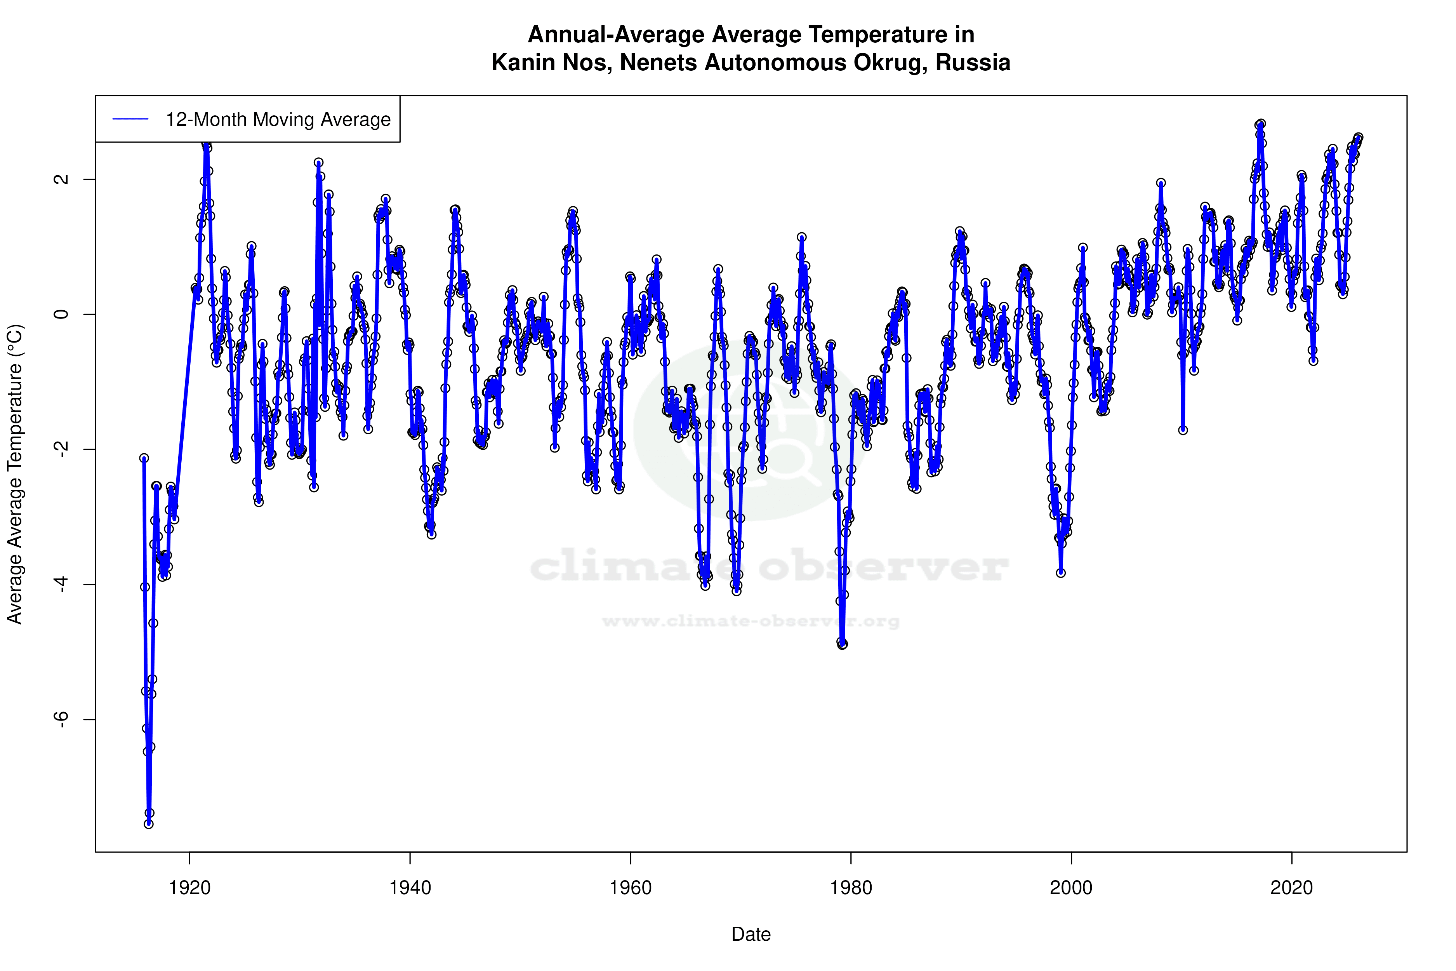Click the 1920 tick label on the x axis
[x=189, y=888]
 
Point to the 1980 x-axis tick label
[x=851, y=888]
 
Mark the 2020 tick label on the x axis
[x=1291, y=888]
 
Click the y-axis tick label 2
[x=61, y=179]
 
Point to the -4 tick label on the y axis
[x=61, y=584]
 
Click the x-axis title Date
[x=751, y=934]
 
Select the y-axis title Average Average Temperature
[x=15, y=474]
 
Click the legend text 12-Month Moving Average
[x=278, y=120]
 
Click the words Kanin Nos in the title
[x=551, y=63]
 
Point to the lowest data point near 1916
[x=149, y=824]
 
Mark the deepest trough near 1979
[x=842, y=645]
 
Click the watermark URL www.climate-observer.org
[x=751, y=621]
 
